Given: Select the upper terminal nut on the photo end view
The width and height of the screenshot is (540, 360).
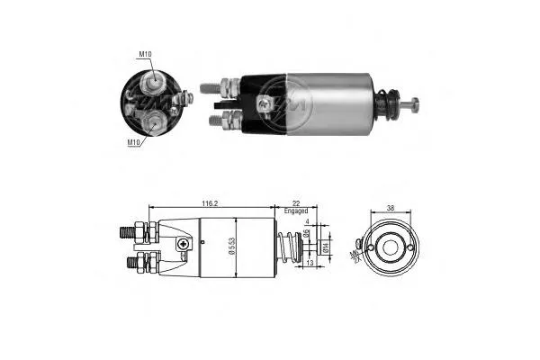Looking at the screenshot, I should point(154,83).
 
